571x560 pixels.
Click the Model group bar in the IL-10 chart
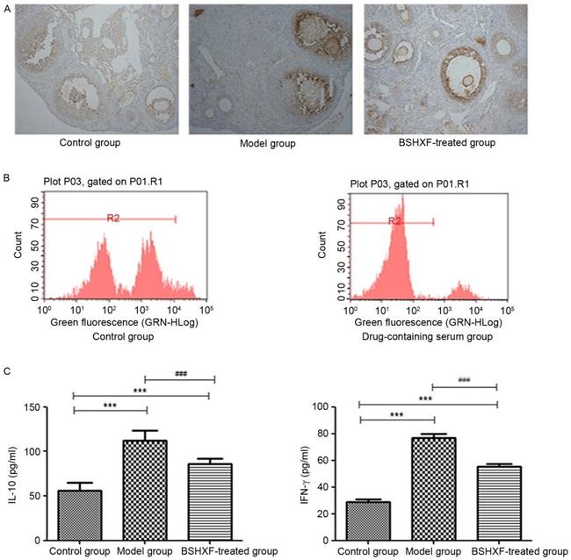pyautogui.click(x=145, y=490)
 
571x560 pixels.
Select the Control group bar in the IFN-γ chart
pyautogui.click(x=369, y=521)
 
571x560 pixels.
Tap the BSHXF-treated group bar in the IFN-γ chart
pyautogui.click(x=499, y=503)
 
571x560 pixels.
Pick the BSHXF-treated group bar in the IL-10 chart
pyautogui.click(x=210, y=502)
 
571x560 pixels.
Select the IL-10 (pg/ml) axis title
pyautogui.click(x=13, y=475)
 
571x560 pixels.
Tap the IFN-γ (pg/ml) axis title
pyautogui.click(x=305, y=475)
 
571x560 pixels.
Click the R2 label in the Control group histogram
pyautogui.click(x=113, y=218)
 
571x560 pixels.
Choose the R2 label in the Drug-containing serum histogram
pyautogui.click(x=394, y=221)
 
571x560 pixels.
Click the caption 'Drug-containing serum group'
pyautogui.click(x=427, y=336)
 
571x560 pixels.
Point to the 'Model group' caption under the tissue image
pyautogui.click(x=268, y=143)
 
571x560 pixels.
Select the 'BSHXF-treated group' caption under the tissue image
pyautogui.click(x=447, y=142)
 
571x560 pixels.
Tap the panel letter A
pyautogui.click(x=7, y=9)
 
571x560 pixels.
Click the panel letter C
pyautogui.click(x=7, y=370)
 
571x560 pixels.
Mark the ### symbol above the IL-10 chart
pyautogui.click(x=181, y=374)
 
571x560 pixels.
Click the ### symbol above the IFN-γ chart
pyautogui.click(x=464, y=380)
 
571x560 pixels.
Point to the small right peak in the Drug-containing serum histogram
pyautogui.click(x=459, y=291)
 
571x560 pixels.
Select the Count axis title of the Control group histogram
pyautogui.click(x=18, y=245)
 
